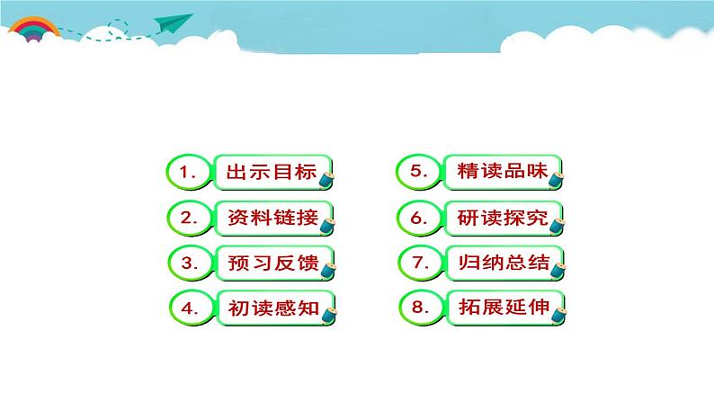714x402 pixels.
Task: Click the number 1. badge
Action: click(189, 173)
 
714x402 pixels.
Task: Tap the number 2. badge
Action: click(189, 218)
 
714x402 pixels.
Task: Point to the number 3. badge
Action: click(189, 263)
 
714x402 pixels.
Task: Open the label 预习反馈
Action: click(271, 263)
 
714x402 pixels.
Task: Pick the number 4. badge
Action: click(190, 308)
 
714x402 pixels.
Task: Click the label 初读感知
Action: click(271, 308)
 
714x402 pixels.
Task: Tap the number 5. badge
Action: click(418, 172)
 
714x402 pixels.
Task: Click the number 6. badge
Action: click(418, 218)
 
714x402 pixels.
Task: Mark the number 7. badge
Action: click(418, 263)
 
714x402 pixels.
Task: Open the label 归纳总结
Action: click(500, 263)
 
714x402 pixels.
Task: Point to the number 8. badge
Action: click(418, 308)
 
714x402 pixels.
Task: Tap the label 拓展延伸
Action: click(500, 308)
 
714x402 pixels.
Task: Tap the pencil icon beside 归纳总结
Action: click(559, 269)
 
